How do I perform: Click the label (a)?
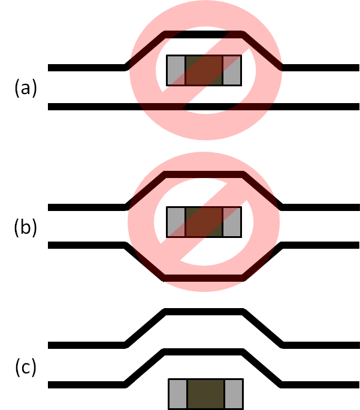point(26,89)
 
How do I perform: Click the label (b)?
point(26,228)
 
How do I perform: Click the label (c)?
point(26,367)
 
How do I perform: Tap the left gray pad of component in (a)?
point(176,70)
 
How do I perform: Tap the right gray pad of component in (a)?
point(232,70)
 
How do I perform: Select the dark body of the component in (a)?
point(204,70)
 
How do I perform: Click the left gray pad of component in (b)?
point(176,222)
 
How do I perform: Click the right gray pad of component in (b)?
point(232,222)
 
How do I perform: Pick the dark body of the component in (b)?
point(204,222)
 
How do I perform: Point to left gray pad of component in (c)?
point(178,393)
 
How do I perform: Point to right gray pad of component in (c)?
point(234,393)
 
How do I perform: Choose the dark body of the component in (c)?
point(205,393)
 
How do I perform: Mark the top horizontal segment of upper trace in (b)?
point(204,174)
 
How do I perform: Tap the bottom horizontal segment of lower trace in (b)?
point(204,277)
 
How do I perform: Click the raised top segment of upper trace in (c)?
point(204,312)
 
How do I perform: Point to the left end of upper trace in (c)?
point(52,346)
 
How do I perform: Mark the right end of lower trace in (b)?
point(356,245)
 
